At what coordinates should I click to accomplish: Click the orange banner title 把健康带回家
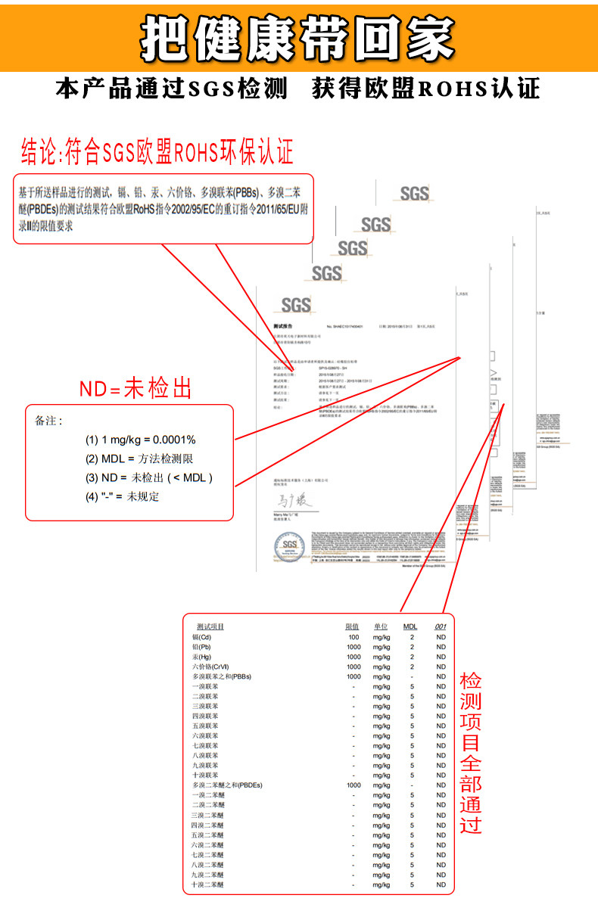tap(298, 37)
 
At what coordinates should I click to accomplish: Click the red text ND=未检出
tap(135, 389)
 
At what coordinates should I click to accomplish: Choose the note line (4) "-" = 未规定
tap(122, 496)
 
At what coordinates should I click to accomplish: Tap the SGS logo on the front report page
tap(296, 304)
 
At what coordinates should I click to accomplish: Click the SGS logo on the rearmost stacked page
tap(414, 194)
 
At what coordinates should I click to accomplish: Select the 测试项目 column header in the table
tap(210, 626)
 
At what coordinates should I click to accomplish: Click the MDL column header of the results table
tap(410, 626)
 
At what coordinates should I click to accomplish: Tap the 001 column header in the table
tap(441, 626)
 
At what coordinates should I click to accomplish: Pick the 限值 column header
tap(352, 626)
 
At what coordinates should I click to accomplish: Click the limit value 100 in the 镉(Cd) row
tap(354, 637)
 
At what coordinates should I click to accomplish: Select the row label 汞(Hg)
tap(202, 657)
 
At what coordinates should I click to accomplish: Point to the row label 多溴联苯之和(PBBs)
tap(221, 676)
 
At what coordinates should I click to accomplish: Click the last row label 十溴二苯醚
tap(208, 884)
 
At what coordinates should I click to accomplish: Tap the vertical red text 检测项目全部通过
tap(470, 752)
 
